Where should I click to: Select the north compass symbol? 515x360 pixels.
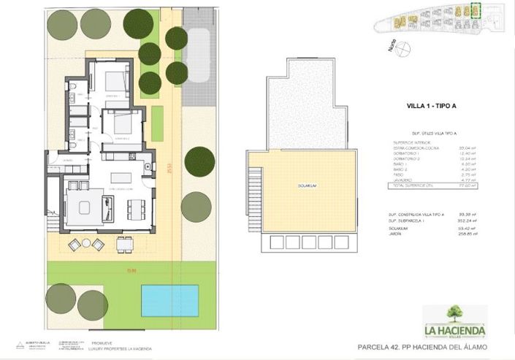click(403, 50)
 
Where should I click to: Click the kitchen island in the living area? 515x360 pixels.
click(121, 177)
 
